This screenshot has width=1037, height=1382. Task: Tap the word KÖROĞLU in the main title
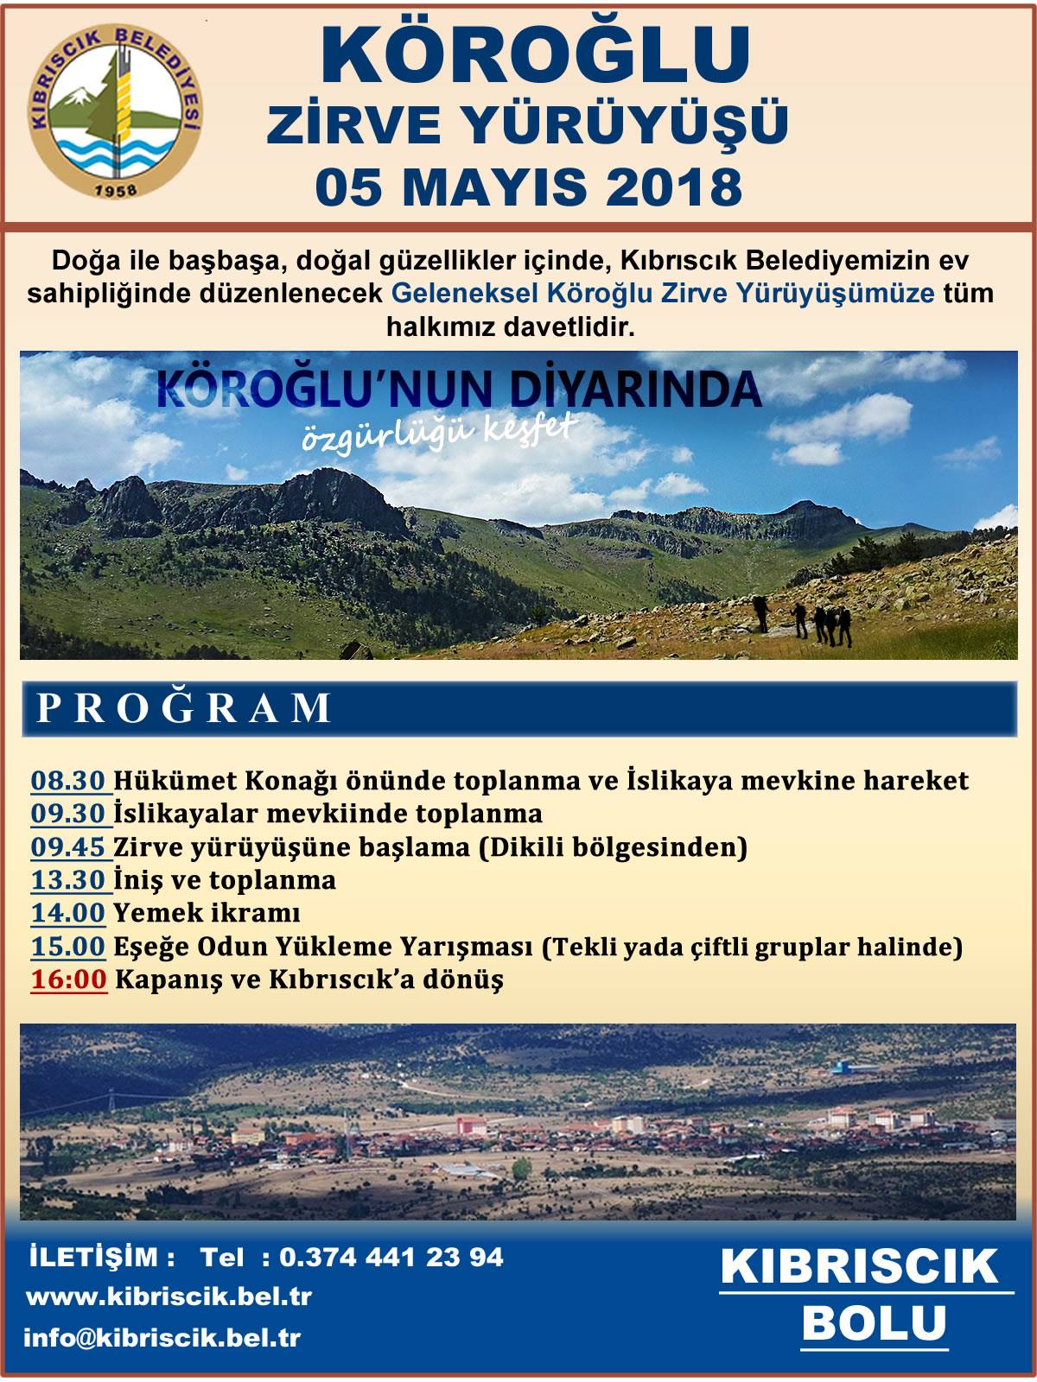pos(535,54)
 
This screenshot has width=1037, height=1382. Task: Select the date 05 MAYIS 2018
pos(529,186)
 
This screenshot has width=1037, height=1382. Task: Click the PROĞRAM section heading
pos(184,707)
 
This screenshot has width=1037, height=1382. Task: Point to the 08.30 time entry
pos(70,781)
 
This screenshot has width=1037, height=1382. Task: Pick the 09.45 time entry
pos(70,847)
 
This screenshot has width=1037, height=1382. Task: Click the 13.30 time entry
pos(70,880)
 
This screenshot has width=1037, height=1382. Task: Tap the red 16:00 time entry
pos(69,979)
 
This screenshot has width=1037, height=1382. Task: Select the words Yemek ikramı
pos(207,913)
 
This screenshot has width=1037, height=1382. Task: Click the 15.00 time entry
pos(68,947)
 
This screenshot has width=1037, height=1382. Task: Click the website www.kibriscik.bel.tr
pos(169,1297)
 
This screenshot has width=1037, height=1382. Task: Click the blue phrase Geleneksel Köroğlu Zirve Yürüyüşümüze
pos(663,293)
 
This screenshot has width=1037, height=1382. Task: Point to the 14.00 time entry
pos(68,913)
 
